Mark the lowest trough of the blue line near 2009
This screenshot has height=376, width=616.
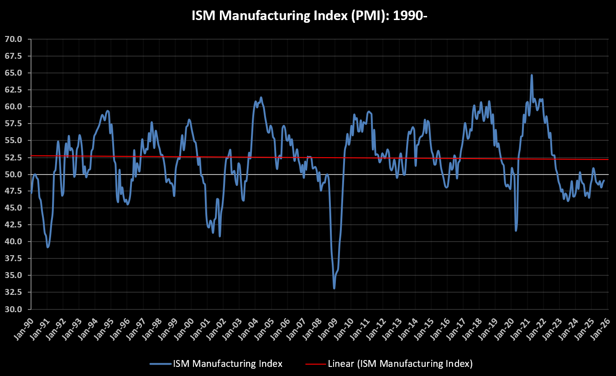point(334,288)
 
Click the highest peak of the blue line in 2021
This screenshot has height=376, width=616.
point(532,75)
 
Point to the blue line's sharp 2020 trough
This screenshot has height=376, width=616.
point(516,230)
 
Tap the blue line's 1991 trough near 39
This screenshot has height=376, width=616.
point(47,247)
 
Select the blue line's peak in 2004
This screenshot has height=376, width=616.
point(261,98)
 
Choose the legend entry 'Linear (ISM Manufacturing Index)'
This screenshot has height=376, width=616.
point(400,364)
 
